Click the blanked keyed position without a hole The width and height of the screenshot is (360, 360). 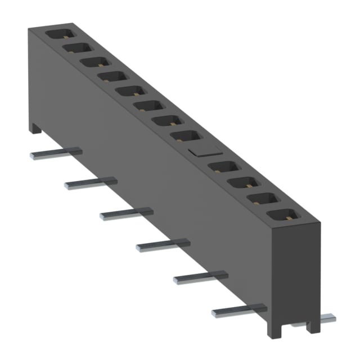pos(204,151)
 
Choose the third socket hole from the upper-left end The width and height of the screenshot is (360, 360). pos(93,61)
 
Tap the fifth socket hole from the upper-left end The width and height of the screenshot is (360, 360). pos(130,91)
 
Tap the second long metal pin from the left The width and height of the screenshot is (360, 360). pos(91,182)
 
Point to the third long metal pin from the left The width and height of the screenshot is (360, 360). pos(127,213)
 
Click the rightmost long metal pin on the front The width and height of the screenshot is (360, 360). pos(239,308)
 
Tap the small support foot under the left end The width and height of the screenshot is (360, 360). pos(36,129)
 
